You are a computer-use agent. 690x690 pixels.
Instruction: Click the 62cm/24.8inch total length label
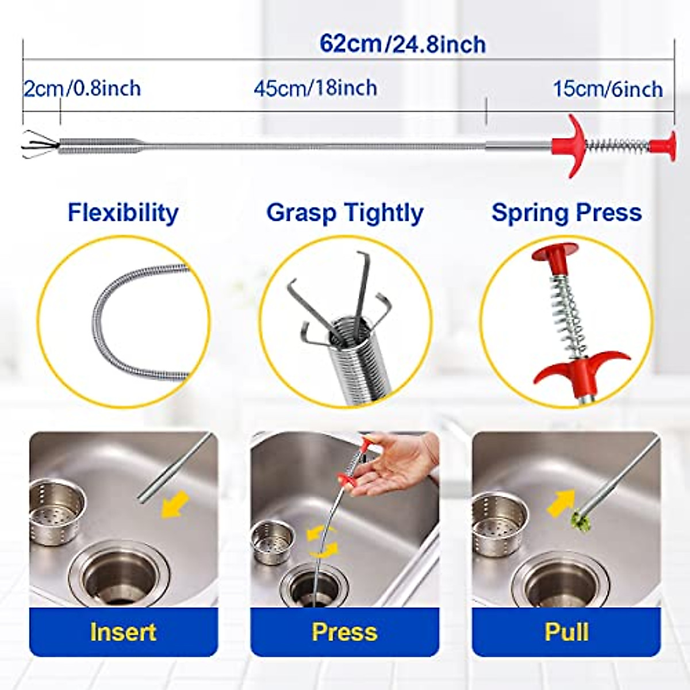[x=402, y=44]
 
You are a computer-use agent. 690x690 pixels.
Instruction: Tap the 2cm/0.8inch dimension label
[x=82, y=89]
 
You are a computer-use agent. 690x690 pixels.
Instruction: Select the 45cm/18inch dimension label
[x=316, y=88]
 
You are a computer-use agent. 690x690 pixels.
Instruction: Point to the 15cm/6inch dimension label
[x=608, y=89]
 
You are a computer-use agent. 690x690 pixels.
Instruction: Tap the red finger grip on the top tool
[x=570, y=145]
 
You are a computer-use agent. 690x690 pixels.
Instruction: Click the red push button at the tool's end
[x=665, y=145]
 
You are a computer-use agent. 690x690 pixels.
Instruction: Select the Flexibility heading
[x=123, y=212]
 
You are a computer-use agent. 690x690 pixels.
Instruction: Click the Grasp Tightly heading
[x=344, y=212]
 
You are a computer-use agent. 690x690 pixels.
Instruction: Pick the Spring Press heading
[x=566, y=212]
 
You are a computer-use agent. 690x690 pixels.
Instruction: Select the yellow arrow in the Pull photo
[x=560, y=503]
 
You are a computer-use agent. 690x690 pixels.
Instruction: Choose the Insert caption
[x=123, y=632]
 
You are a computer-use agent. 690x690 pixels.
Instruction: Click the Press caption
[x=344, y=632]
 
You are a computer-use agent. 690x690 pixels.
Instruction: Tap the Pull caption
[x=566, y=632]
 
